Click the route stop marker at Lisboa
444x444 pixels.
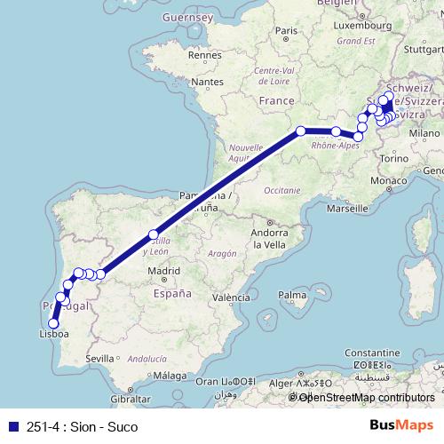[x=53, y=324]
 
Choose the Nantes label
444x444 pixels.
[x=207, y=82]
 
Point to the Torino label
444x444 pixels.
[x=393, y=158]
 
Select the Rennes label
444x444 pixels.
[x=204, y=55]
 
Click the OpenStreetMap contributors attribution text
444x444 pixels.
[x=367, y=398]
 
